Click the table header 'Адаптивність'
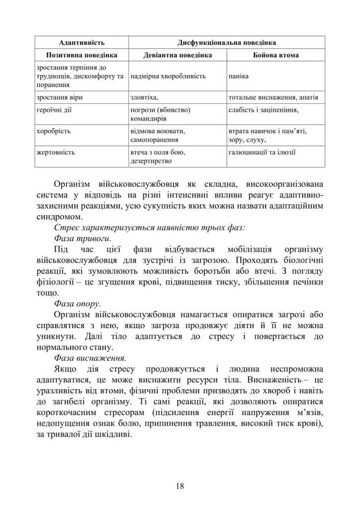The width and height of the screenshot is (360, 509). tap(82, 42)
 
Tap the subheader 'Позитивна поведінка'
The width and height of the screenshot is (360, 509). tap(82, 54)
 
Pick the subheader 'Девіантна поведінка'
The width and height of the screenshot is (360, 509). tap(177, 54)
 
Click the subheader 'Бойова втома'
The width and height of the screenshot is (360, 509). tap(275, 54)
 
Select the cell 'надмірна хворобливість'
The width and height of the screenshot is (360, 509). tap(168, 76)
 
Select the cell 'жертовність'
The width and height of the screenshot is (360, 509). tap(56, 152)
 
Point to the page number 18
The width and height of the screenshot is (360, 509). tap(180, 486)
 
